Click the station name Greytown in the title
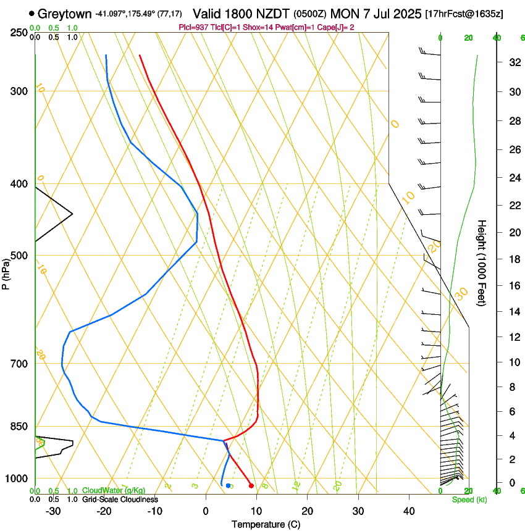pyautogui.click(x=65, y=13)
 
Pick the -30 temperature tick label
pyautogui.click(x=53, y=511)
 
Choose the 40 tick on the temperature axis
pyautogui.click(x=408, y=511)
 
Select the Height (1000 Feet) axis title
pyautogui.click(x=482, y=262)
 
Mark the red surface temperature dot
pyautogui.click(x=251, y=486)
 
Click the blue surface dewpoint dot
pyautogui.click(x=228, y=486)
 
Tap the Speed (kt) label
pyautogui.click(x=469, y=500)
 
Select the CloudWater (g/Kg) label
pyautogui.click(x=114, y=491)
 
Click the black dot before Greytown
pyautogui.click(x=31, y=13)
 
